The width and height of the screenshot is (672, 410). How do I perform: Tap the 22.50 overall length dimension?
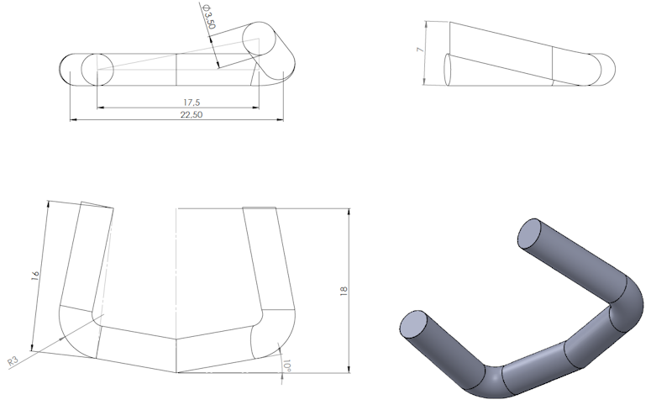192,114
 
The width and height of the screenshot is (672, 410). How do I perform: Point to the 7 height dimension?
419,51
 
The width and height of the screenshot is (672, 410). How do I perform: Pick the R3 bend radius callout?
13,360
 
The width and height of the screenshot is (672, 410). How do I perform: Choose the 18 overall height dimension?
343,291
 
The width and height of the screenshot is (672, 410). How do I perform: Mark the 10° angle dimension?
287,367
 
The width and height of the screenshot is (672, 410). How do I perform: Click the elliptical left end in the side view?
448,70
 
